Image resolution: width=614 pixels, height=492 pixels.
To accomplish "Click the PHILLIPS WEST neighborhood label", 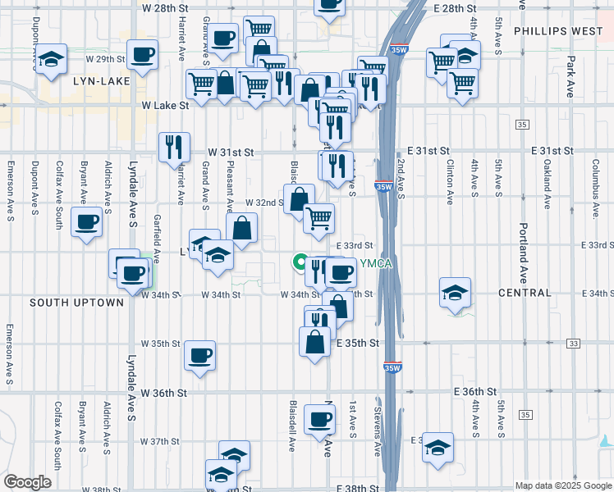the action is [558, 31].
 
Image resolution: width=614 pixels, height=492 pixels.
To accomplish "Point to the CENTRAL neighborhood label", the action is [525, 293].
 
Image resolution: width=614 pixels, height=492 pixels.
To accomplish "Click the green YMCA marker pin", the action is [300, 262].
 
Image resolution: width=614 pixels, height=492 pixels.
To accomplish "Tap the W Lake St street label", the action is [165, 106].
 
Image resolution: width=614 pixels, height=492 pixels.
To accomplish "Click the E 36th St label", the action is [476, 393].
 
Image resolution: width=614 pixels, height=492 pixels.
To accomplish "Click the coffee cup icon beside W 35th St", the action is [200, 356].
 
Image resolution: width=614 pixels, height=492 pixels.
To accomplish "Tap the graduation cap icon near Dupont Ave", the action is [52, 59].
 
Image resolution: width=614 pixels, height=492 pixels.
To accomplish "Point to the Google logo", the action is [27, 483].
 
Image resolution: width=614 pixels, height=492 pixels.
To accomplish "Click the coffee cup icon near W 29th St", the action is [142, 55].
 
